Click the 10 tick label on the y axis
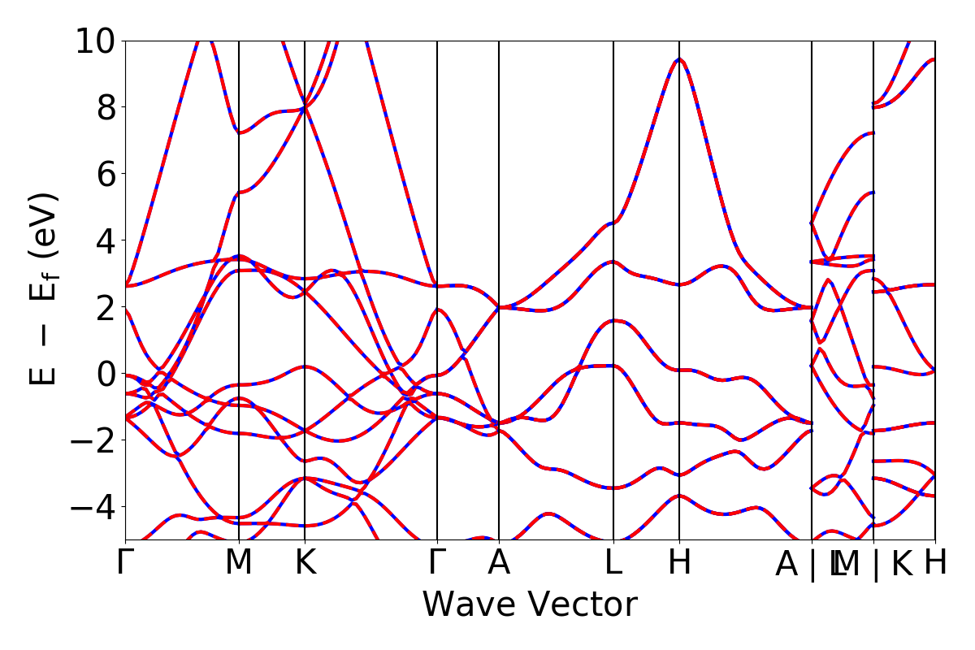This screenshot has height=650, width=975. (96, 41)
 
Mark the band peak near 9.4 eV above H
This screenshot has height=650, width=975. (679, 59)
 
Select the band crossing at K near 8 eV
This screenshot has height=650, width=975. (305, 106)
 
